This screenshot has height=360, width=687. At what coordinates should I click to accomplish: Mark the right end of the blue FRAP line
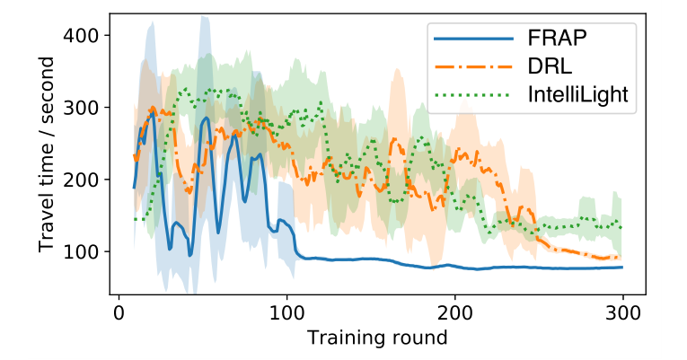[x=621, y=268]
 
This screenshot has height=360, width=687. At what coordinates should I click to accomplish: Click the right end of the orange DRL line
[x=621, y=258]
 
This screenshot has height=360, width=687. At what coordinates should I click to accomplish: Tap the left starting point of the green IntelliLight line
[x=135, y=219]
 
